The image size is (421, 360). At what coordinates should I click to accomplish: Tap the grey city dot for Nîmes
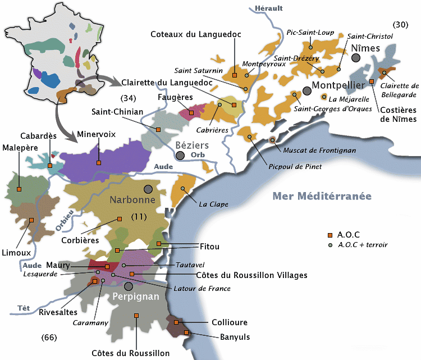pos(356,57)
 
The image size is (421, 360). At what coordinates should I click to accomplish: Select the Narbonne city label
pos(132,199)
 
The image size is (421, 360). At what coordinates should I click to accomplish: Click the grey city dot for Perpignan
pos(129,286)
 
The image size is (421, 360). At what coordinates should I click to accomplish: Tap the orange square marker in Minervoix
pos(99,163)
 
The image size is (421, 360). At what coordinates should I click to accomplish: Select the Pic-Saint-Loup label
pos(310,32)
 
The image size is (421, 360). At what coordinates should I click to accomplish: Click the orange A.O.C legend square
pos(331,235)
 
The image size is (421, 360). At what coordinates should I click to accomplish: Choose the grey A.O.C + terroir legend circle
pos(331,245)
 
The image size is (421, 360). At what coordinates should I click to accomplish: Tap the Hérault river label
pos(269,8)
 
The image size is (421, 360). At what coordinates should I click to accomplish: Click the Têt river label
pos(24,307)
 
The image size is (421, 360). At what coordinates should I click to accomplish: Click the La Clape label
pos(213,204)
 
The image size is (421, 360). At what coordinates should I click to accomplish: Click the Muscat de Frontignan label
pos(312,150)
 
